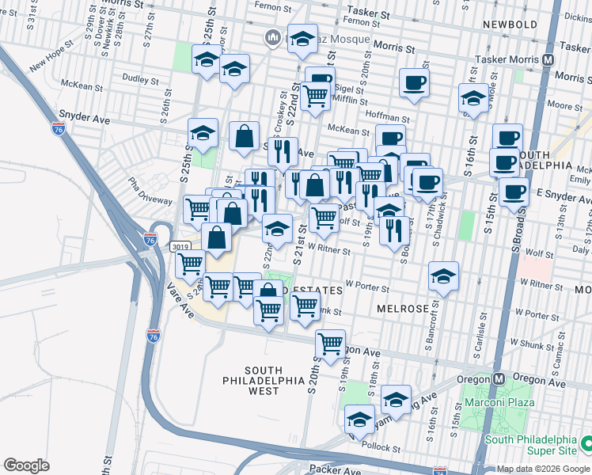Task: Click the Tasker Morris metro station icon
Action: [x=548, y=59]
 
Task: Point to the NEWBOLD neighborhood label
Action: [x=511, y=25]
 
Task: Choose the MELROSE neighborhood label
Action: [x=403, y=308]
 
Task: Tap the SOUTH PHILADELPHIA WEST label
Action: [x=274, y=381]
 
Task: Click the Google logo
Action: [x=26, y=465]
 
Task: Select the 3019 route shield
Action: [x=180, y=247]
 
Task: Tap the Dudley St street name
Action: [x=142, y=78]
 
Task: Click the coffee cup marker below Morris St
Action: [x=413, y=83]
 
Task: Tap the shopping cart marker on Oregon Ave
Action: [x=330, y=344]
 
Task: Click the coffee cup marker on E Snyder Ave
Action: [x=514, y=192]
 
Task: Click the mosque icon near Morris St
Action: [x=273, y=37]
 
